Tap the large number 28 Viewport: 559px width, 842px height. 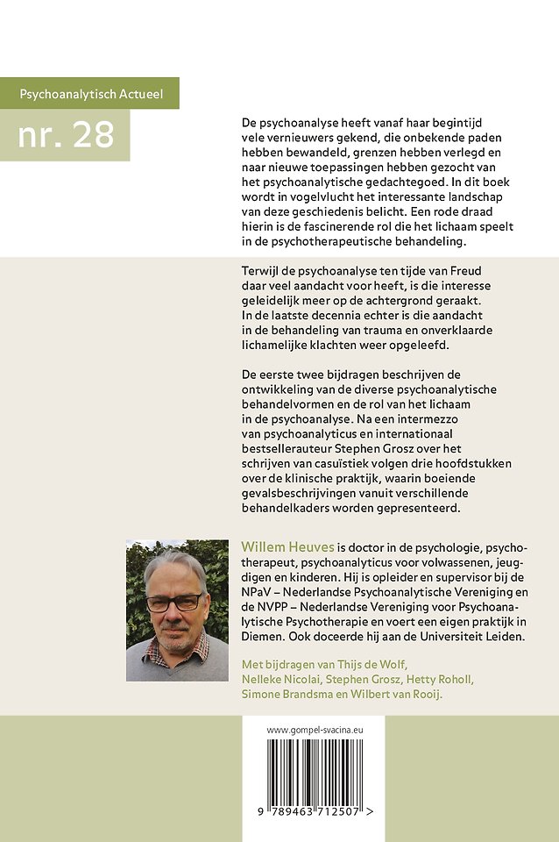point(67,134)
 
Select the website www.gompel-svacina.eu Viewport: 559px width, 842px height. point(312,729)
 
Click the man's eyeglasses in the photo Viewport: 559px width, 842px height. point(173,603)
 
